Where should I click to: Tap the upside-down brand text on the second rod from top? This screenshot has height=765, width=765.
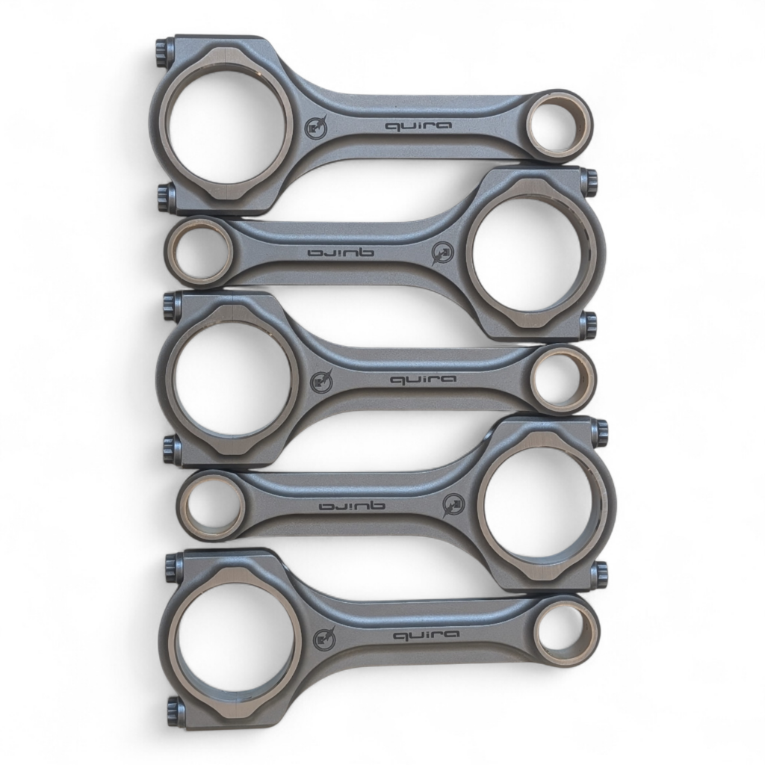coord(341,253)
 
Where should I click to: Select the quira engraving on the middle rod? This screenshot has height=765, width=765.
coord(424,380)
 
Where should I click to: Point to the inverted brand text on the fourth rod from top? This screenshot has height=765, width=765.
coord(352,506)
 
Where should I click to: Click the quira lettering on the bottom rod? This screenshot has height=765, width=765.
coord(426,635)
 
